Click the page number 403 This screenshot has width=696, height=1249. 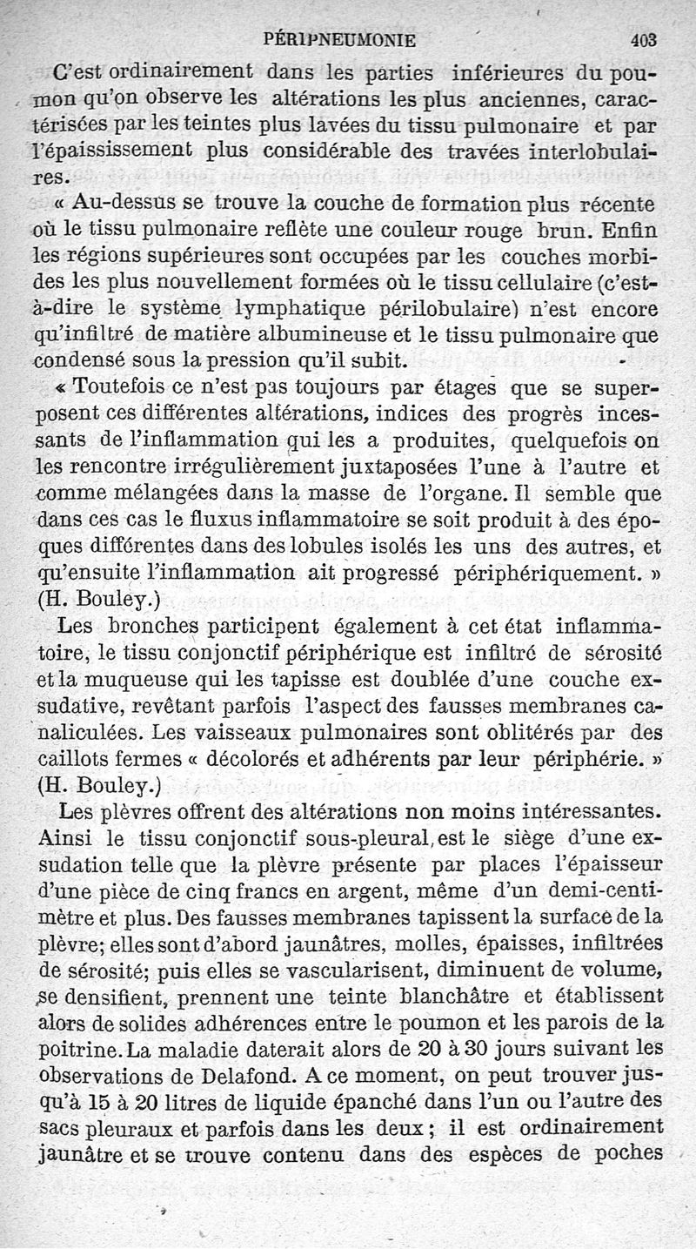pos(644,39)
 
